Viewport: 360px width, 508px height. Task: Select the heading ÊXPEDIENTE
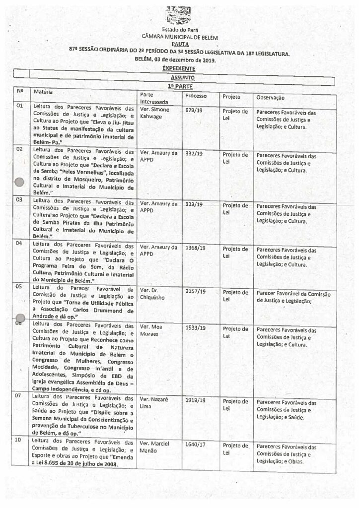[178, 68]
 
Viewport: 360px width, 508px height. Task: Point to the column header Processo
[196, 95]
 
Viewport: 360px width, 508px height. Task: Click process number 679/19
[193, 111]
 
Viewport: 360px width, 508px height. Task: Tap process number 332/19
[193, 154]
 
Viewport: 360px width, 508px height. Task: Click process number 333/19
[193, 203]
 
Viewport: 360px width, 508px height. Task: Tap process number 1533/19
[194, 328]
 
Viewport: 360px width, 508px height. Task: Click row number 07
[20, 397]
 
